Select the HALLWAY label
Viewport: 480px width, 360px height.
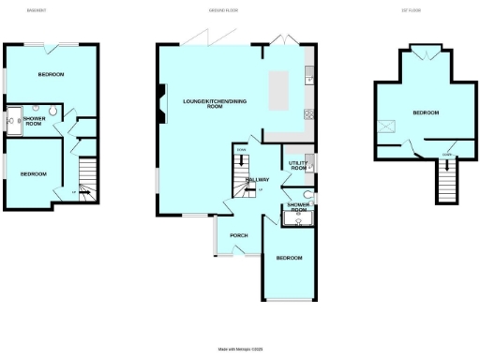pyautogui.click(x=257, y=179)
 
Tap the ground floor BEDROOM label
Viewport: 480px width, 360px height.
pyautogui.click(x=288, y=258)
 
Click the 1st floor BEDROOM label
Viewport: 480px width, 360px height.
pyautogui.click(x=425, y=112)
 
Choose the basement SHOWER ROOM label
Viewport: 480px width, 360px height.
pyautogui.click(x=34, y=121)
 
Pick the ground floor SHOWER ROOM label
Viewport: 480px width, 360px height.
pyautogui.click(x=298, y=206)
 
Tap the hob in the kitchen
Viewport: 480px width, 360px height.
pyautogui.click(x=308, y=113)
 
